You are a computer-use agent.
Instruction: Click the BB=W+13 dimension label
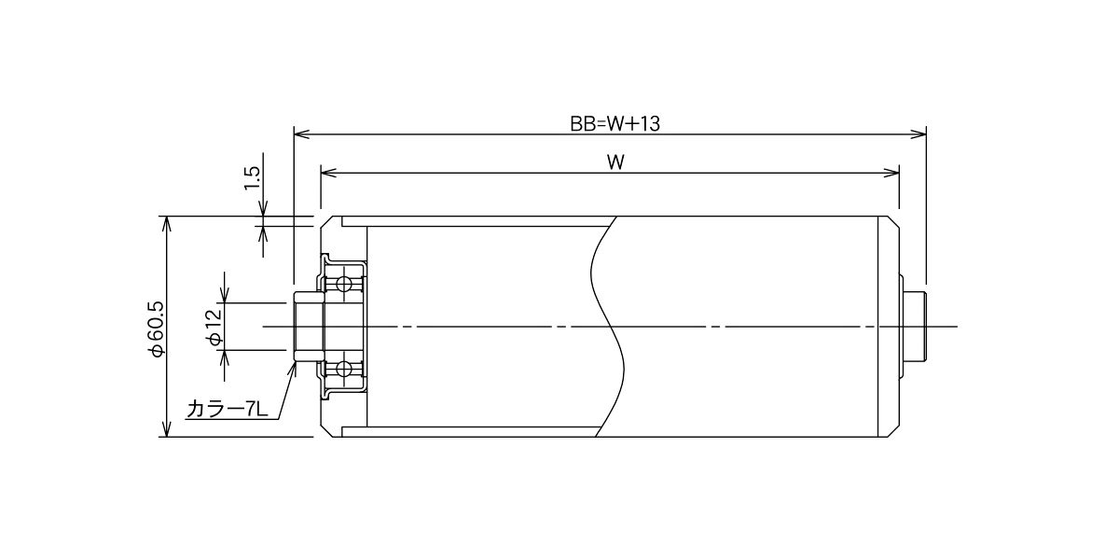[615, 123]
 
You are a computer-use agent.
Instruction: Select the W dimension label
[615, 162]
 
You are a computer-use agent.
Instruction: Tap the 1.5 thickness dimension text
[253, 178]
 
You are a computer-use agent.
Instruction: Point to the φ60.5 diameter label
[156, 329]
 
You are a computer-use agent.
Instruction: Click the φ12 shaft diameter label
[214, 328]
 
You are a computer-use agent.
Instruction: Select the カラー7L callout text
[228, 410]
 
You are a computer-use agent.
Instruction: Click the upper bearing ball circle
[343, 284]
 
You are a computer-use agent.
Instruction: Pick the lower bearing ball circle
[343, 370]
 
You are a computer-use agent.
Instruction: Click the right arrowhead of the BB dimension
[919, 134]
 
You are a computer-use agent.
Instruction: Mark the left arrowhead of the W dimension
[328, 173]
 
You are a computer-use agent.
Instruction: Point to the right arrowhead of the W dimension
[891, 173]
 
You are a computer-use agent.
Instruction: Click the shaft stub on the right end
[916, 327]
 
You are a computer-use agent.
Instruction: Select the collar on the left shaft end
[308, 327]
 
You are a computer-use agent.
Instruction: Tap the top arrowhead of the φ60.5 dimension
[167, 225]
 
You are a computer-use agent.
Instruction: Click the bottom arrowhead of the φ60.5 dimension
[167, 429]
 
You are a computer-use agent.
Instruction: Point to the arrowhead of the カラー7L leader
[293, 369]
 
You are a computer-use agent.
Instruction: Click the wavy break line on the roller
[607, 327]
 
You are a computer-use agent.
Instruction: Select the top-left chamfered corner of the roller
[325, 222]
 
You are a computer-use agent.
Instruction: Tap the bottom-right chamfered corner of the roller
[893, 432]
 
